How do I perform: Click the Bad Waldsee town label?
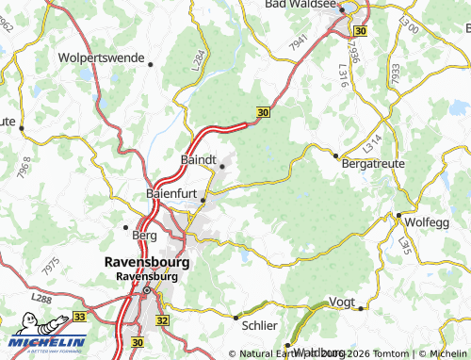pos(300,5)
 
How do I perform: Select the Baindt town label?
pos(198,159)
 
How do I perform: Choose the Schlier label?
pos(260,325)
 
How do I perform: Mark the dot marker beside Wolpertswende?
pos(151,64)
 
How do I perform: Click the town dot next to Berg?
pos(126,226)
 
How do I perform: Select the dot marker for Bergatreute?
pos(335,155)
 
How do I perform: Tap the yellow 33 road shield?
pos(80,318)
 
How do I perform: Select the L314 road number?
pos(373,143)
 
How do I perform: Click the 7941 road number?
pos(300,42)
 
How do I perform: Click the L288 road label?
pos(41,299)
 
